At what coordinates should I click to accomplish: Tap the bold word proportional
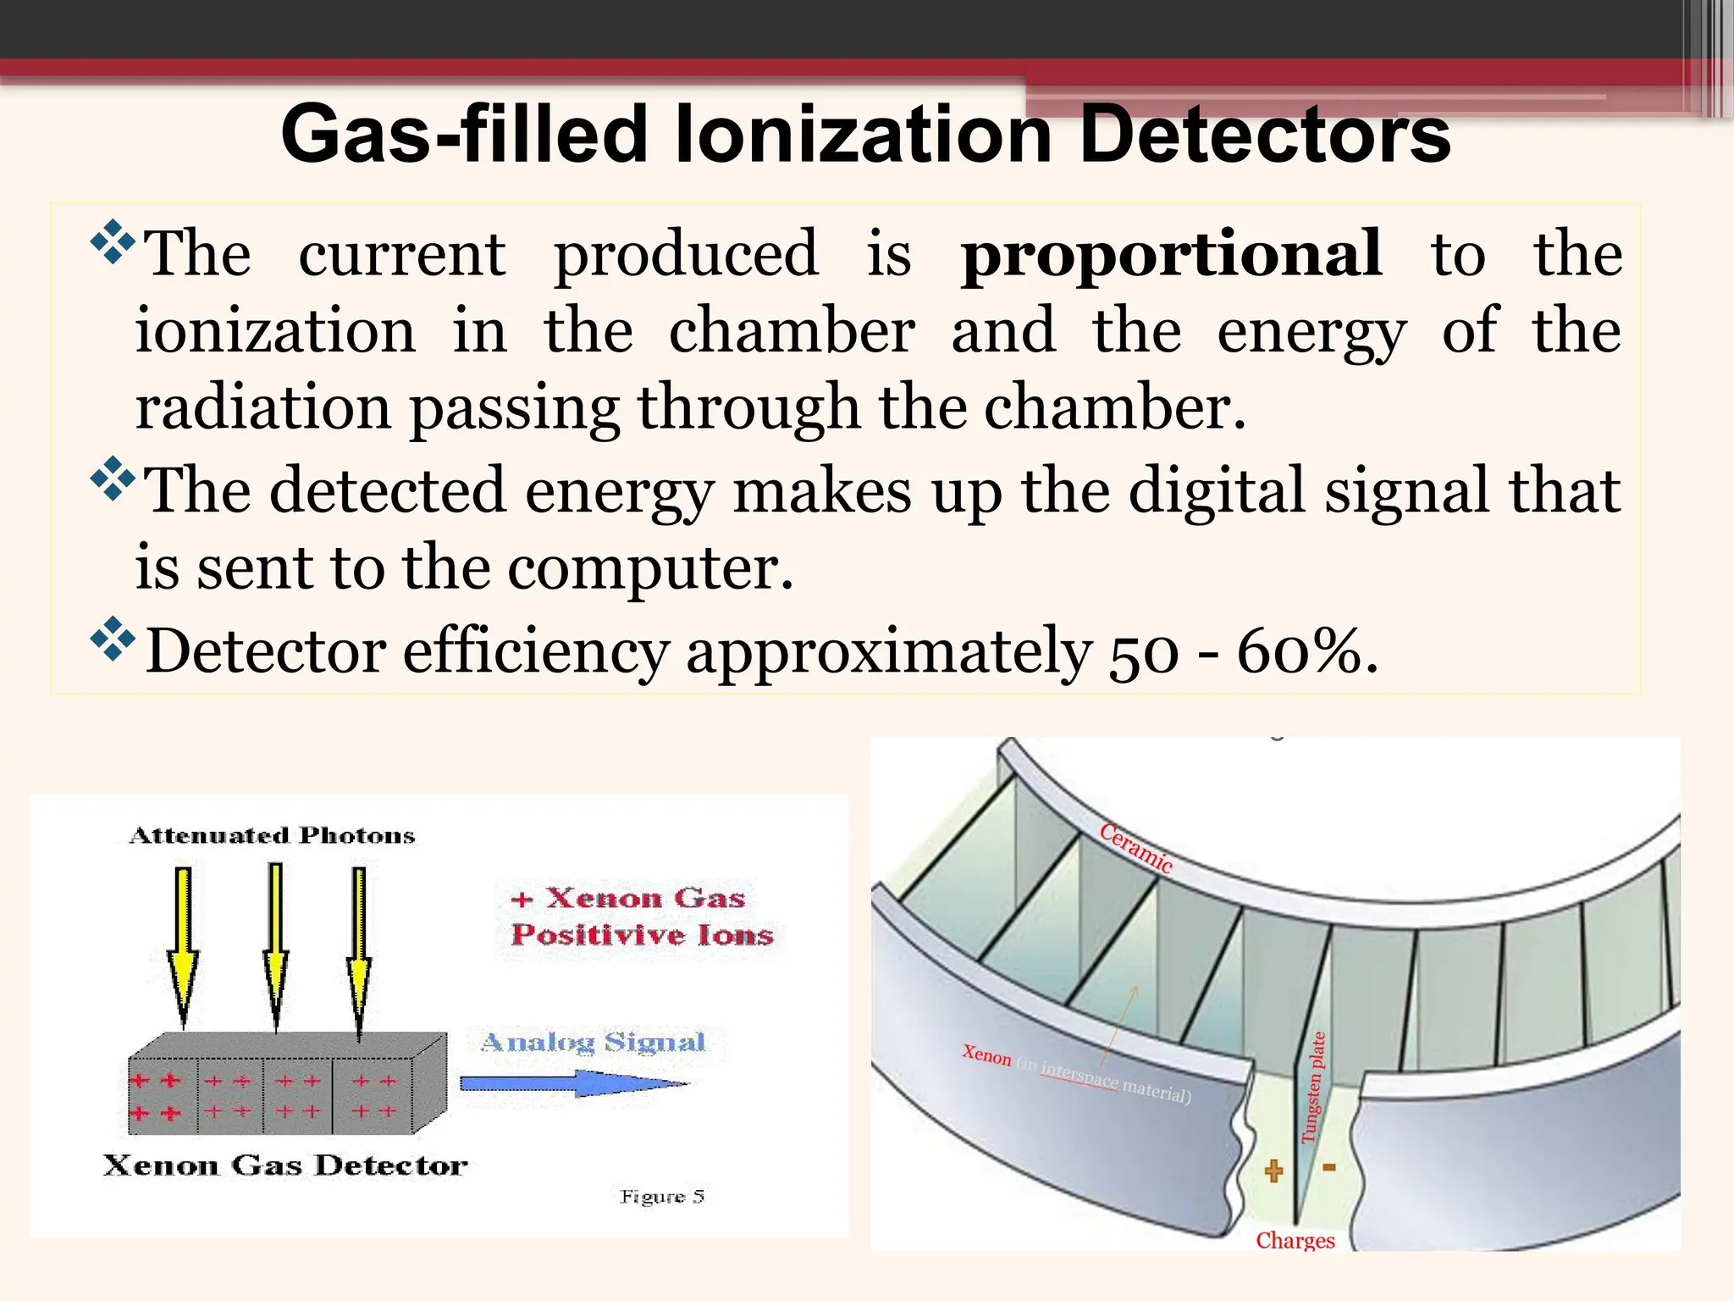(1172, 254)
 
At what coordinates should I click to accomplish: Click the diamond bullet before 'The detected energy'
(112, 480)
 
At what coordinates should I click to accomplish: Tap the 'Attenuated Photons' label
(272, 836)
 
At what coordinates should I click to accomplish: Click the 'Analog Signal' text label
(593, 1042)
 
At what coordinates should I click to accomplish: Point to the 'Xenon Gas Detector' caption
(284, 1165)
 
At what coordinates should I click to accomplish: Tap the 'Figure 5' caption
(661, 1196)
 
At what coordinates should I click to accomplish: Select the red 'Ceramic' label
(1136, 848)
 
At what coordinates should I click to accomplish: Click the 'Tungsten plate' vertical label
(1313, 1087)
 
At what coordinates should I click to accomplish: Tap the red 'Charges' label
(1295, 1241)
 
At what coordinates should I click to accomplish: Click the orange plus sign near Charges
(1273, 1171)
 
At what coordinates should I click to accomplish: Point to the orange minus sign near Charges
(1329, 1168)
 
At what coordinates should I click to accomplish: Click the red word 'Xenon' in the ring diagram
(986, 1055)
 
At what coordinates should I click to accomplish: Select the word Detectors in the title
(1265, 136)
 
